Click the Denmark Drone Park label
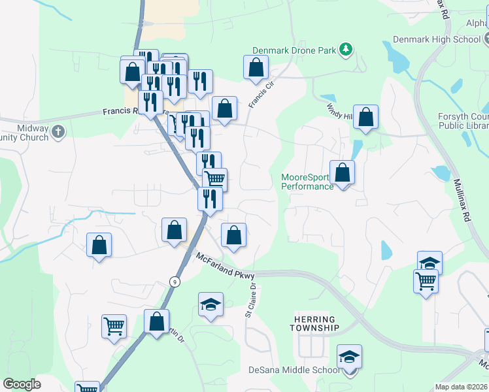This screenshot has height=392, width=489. coord(295,50)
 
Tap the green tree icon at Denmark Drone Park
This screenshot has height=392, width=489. coord(346,49)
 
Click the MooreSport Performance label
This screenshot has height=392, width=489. coord(307,182)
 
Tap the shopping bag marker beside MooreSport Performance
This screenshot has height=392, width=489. coord(342,173)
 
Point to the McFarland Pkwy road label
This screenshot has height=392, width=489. coord(225,268)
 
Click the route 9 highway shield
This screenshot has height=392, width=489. coord(174,282)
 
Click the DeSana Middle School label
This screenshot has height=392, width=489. coord(294,370)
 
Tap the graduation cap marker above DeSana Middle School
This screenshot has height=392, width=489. coord(349,357)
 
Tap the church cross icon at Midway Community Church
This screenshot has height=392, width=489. coord(58,131)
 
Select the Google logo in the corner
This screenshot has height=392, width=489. coord(22,384)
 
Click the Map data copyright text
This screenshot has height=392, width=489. coord(462,387)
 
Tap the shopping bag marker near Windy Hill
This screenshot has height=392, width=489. coord(366,118)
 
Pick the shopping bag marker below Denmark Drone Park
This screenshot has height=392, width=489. coord(256,68)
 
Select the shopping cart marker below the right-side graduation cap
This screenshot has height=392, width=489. coord(426,282)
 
